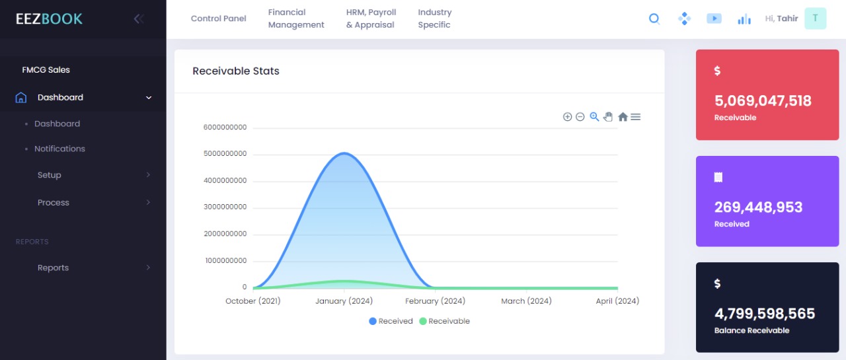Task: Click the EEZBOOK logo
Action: coord(50,18)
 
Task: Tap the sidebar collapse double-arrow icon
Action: coord(138,18)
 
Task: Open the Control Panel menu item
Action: coord(218,18)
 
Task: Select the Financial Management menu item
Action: coord(296,18)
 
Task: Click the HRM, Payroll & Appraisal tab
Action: coord(371,18)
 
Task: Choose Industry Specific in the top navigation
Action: coord(434,18)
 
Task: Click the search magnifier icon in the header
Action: coord(654,18)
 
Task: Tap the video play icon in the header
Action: coord(714,18)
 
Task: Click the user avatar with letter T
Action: coord(815,18)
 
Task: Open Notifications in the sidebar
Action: coord(59,149)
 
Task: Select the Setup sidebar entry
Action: coord(50,175)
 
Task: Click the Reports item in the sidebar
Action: coord(53,268)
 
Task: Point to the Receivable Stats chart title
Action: coord(236,71)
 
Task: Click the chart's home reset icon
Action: coord(623,117)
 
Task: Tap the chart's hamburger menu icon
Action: coord(636,117)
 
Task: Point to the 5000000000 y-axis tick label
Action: coord(225,154)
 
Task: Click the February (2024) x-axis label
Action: coord(435,301)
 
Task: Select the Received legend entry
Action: coord(391,321)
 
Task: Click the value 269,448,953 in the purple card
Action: coord(758,207)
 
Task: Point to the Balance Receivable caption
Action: coord(751,330)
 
